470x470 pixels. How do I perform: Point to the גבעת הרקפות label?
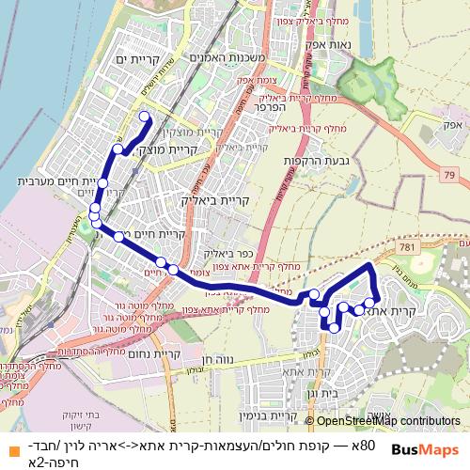(x=317, y=161)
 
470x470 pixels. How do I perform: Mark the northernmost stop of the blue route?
(x=145, y=117)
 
